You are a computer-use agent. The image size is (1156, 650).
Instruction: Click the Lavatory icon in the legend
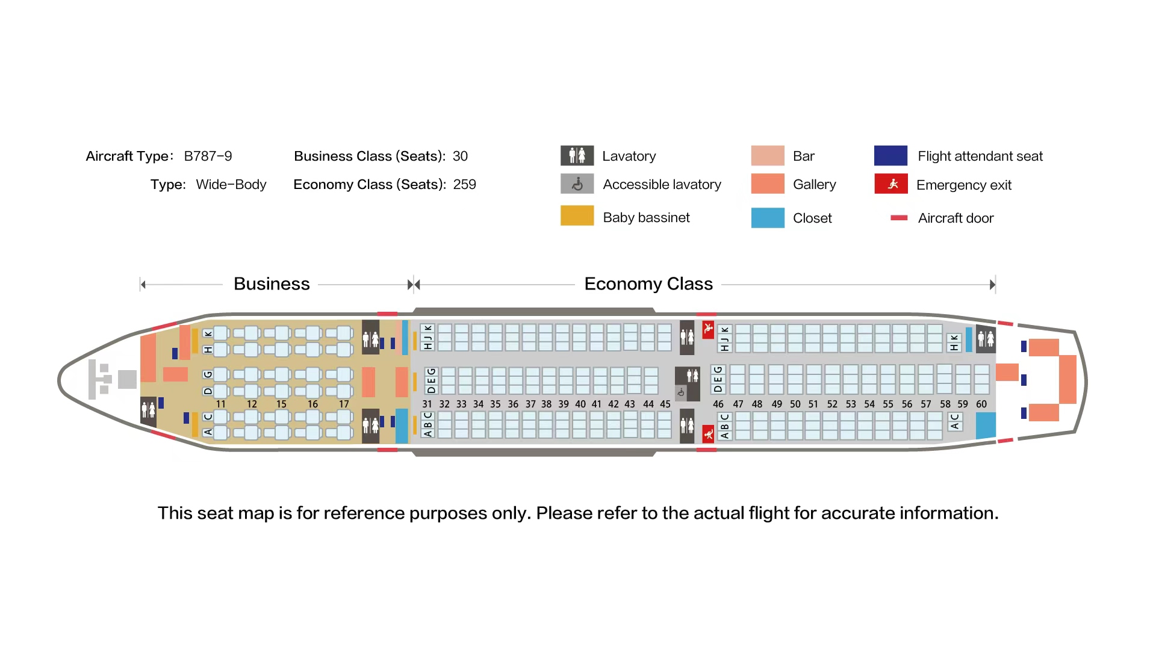click(x=577, y=155)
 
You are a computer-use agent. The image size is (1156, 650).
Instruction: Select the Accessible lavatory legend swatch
click(x=577, y=184)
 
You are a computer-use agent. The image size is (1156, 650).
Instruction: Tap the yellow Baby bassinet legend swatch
click(x=577, y=215)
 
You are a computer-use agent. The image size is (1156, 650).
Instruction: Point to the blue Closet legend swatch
click(x=768, y=217)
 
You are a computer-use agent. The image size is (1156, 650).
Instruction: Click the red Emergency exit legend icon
click(x=891, y=184)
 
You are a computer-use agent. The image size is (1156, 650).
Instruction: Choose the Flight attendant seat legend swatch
click(x=890, y=155)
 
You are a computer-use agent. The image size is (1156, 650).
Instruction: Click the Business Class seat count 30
click(x=460, y=156)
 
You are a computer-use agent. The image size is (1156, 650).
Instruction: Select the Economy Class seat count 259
click(x=464, y=184)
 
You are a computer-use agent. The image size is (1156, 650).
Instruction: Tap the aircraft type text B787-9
click(x=208, y=156)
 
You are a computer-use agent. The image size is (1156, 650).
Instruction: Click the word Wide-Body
click(x=231, y=184)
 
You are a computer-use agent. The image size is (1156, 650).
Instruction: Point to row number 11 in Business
click(x=221, y=404)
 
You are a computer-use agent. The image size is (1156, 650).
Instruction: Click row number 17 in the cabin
click(x=344, y=404)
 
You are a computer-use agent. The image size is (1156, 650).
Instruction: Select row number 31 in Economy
click(x=427, y=404)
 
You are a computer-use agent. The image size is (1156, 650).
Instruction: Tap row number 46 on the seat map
click(x=718, y=404)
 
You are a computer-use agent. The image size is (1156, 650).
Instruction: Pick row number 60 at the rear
click(x=981, y=404)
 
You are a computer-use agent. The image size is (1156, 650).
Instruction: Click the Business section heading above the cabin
click(x=272, y=283)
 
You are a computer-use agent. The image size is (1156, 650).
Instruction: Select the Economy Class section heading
click(x=648, y=283)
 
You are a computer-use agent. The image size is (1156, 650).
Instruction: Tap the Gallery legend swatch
click(x=768, y=184)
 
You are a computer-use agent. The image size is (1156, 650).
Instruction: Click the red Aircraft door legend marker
click(x=899, y=218)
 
